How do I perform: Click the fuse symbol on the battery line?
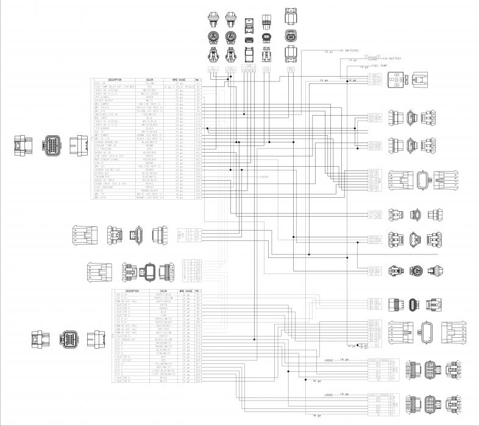[372, 57]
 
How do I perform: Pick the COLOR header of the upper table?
[149, 80]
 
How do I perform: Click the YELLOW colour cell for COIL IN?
[149, 83]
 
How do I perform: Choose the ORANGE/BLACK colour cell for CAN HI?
[149, 191]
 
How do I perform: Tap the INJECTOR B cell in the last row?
[124, 380]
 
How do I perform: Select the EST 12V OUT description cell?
[124, 360]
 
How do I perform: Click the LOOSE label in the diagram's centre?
[264, 177]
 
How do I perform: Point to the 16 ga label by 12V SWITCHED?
[327, 52]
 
